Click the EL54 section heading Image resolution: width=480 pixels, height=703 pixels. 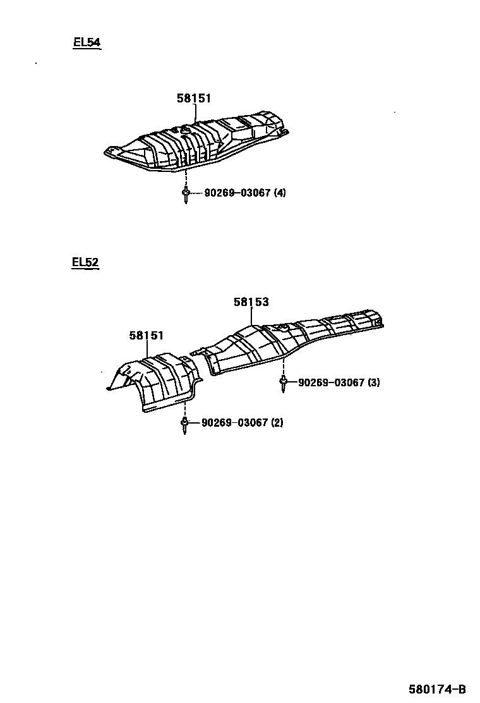[x=87, y=43]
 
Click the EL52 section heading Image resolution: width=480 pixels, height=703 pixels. [x=85, y=262]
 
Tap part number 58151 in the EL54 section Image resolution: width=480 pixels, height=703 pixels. [x=193, y=98]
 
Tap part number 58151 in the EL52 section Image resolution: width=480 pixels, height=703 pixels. [x=147, y=336]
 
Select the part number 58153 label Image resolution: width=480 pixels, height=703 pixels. [x=251, y=302]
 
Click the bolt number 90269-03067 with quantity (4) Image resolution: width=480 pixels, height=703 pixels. [x=237, y=193]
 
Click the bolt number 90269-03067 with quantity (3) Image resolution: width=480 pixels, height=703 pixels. [x=330, y=382]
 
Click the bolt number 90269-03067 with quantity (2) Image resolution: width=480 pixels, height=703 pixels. [x=234, y=423]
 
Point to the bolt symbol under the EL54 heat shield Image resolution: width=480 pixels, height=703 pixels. [x=186, y=194]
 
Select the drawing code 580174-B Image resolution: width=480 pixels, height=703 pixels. [x=437, y=689]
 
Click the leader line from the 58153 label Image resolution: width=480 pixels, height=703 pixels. [x=251, y=316]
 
